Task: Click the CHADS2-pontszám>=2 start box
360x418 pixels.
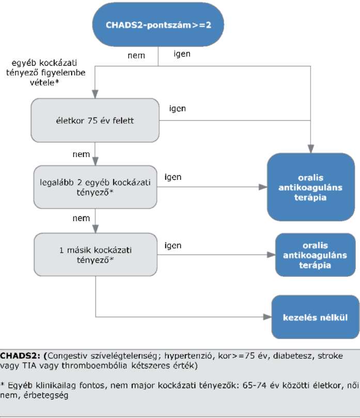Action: coord(158,25)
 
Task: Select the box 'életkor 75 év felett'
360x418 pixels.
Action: coord(95,120)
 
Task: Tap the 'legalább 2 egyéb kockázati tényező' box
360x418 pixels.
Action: coord(95,187)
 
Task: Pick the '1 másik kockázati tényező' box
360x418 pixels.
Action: coord(96,255)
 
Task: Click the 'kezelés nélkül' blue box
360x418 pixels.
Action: coord(315,317)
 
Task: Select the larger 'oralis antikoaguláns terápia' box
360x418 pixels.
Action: coord(311,187)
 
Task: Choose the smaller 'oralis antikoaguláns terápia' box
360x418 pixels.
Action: coord(315,255)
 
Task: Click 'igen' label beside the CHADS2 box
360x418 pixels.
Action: coord(182,54)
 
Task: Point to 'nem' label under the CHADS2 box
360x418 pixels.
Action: coord(136,55)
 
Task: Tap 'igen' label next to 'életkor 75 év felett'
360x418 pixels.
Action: coord(178,109)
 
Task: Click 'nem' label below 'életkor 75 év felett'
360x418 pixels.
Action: coord(81,154)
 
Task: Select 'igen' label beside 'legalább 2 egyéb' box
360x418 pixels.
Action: coord(173,177)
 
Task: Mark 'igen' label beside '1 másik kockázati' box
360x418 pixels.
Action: coord(173,245)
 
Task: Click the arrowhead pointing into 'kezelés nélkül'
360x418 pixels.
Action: coord(267,317)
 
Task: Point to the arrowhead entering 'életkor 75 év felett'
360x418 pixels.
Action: coord(95,94)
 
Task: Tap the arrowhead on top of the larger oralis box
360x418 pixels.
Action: coord(311,149)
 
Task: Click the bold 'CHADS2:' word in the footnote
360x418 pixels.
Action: coord(20,355)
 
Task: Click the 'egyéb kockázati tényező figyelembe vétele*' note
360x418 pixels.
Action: coord(45,72)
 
